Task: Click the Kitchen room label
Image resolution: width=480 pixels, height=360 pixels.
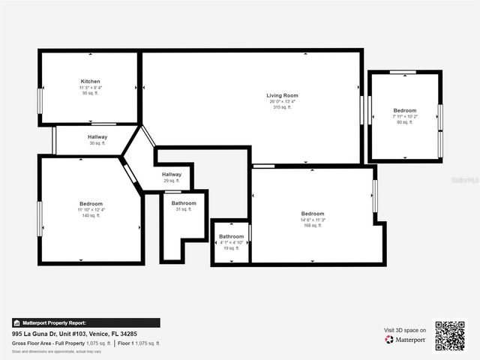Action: point(91,81)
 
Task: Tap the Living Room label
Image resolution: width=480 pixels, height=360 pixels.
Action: point(283,95)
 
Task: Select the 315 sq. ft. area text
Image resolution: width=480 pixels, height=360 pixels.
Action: point(283,107)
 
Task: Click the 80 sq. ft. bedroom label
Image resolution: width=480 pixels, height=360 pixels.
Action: point(404,110)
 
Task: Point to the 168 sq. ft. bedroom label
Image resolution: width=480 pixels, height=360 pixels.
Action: point(313,214)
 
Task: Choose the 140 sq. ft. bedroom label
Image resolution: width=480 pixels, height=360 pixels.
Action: point(91,204)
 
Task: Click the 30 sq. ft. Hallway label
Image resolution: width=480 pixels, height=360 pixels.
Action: point(97,137)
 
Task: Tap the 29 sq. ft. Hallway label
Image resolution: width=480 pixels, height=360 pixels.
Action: point(172,175)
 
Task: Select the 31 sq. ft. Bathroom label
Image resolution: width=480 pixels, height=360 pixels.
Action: point(184,203)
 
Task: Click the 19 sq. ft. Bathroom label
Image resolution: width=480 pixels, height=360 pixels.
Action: point(231,237)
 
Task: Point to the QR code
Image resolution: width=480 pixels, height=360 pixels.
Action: point(450,336)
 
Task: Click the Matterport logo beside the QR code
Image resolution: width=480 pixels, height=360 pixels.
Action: point(406,340)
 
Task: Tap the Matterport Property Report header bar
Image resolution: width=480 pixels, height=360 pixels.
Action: point(85,322)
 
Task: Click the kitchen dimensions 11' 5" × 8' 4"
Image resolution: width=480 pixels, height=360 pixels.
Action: point(91,88)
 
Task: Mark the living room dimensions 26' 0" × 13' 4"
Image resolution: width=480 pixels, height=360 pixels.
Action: point(283,102)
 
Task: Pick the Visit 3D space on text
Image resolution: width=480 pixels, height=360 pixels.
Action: point(405,330)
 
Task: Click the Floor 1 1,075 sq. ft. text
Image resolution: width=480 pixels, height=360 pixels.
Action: point(141,343)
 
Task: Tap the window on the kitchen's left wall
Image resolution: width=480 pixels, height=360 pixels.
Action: point(40,100)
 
